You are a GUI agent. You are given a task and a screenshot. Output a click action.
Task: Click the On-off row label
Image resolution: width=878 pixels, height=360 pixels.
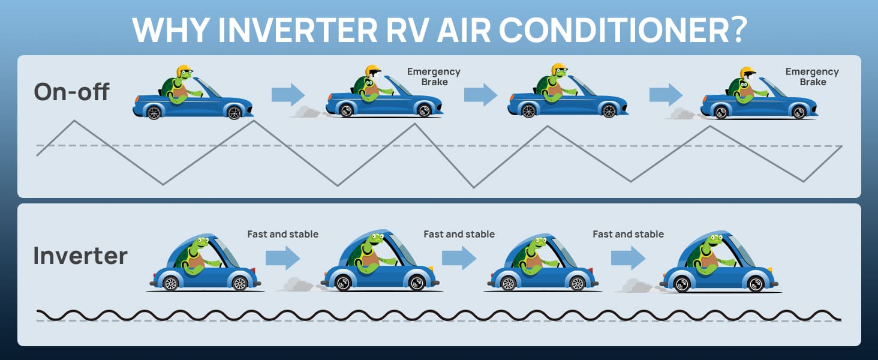(71, 92)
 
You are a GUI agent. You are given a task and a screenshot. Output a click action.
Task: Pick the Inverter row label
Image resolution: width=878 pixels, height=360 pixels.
(80, 256)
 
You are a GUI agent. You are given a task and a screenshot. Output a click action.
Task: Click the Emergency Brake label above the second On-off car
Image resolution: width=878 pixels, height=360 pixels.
(434, 77)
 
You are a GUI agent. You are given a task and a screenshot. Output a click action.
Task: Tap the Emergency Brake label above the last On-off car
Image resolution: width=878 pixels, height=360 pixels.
(812, 77)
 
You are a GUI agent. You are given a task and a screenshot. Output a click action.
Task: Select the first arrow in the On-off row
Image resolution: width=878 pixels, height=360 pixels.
(288, 94)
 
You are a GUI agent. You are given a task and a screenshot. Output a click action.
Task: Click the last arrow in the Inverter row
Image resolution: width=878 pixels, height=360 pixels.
(628, 257)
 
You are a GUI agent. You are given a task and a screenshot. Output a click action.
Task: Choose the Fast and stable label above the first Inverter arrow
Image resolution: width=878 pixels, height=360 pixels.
(282, 234)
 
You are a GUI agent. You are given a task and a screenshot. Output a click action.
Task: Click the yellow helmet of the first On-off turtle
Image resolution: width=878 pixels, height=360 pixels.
(184, 71)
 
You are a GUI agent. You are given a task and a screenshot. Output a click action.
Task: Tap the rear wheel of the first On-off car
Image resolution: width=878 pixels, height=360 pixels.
(154, 113)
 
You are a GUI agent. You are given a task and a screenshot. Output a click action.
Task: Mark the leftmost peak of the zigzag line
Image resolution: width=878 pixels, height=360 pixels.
(74, 121)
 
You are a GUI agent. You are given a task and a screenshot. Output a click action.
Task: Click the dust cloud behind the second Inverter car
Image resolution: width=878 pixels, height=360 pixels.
(299, 285)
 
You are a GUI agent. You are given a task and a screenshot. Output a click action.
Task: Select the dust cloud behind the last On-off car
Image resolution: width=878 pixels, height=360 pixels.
(682, 114)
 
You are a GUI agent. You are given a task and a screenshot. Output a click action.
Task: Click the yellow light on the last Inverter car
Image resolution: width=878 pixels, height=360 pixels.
(770, 269)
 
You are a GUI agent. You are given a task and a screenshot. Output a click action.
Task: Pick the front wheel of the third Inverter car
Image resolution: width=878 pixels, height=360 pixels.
(577, 283)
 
